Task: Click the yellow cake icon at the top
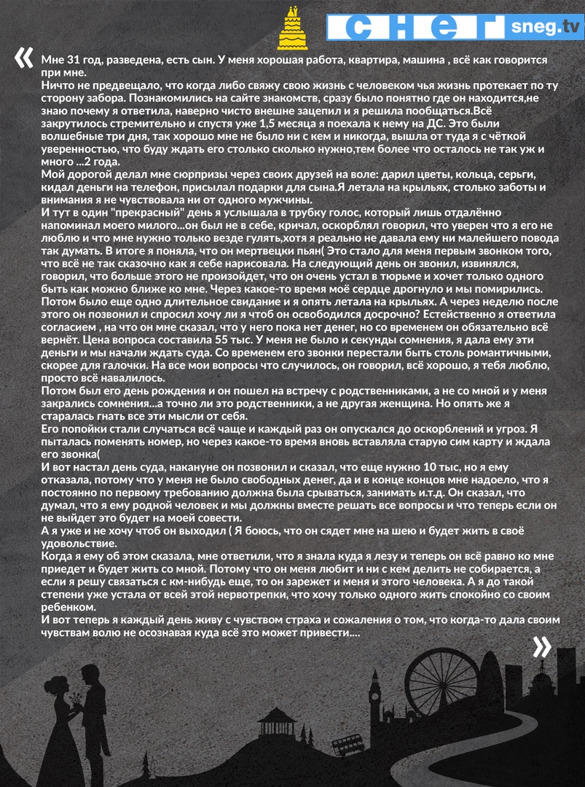point(293,28)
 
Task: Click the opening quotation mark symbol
point(23,58)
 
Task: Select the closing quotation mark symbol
point(541,646)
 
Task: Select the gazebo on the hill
point(277,721)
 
